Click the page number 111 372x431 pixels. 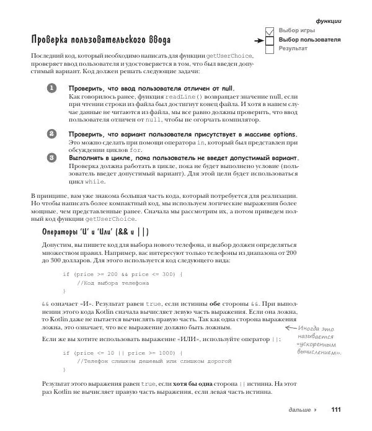coord(336,410)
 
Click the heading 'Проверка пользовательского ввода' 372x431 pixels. coord(100,40)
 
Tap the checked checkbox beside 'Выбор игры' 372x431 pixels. coord(270,31)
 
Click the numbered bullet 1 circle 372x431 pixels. coord(52,89)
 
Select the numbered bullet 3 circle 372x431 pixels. coord(52,158)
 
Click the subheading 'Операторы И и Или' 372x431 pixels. coord(95,232)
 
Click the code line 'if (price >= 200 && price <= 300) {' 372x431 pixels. coord(123,273)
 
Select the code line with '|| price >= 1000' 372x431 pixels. coord(123,352)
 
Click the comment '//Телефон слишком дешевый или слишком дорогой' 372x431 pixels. coord(154,361)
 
